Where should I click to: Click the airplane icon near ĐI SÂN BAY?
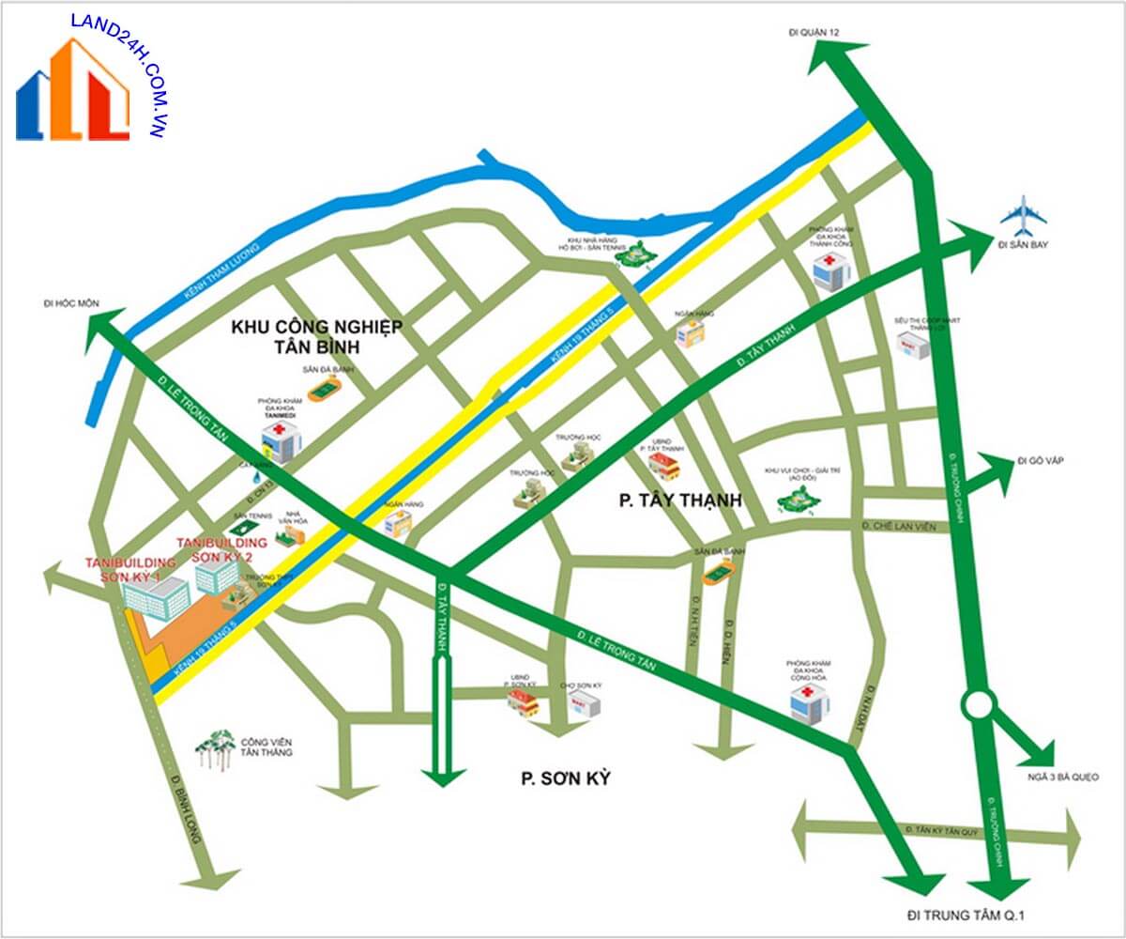pos(1022,217)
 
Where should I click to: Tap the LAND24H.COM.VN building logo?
pos(73,90)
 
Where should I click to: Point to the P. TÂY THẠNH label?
pos(680,500)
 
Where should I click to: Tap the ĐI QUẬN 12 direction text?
pos(814,34)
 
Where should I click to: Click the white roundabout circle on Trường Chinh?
pos(978,703)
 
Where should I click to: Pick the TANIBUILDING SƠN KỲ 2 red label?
pos(221,549)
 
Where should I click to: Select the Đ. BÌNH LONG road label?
pos(186,810)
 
